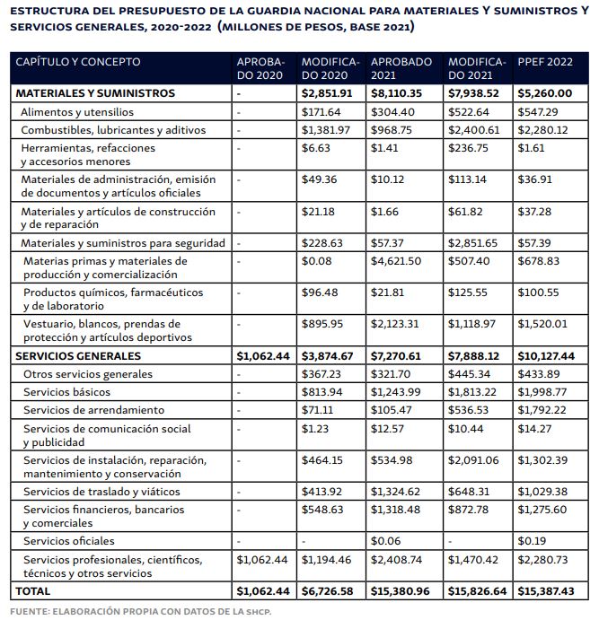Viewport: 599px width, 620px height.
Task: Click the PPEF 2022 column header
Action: pyautogui.click(x=547, y=62)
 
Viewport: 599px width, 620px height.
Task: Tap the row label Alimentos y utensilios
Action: pyautogui.click(x=77, y=112)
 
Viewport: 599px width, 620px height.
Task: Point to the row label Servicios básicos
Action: pyautogui.click(x=67, y=393)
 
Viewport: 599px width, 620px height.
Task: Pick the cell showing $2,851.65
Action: pyautogui.click(x=476, y=243)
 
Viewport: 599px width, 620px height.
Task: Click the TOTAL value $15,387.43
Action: pyautogui.click(x=547, y=591)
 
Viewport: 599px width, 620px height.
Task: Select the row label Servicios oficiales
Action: pyautogui.click(x=69, y=541)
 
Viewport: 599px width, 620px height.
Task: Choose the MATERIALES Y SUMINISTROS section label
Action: pyautogui.click(x=94, y=93)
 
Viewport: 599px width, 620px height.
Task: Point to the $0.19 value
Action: pyautogui.click(x=533, y=541)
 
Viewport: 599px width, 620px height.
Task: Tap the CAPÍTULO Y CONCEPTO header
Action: pyautogui.click(x=77, y=62)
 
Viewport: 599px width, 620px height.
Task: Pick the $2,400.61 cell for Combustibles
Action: pyautogui.click(x=476, y=130)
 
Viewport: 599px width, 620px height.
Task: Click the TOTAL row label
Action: pyautogui.click(x=33, y=591)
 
